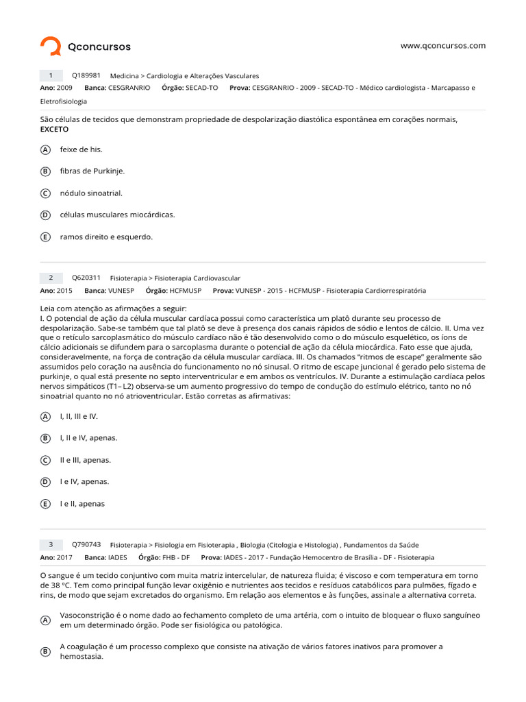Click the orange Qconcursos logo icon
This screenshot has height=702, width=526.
51,47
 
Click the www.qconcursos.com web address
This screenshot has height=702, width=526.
442,46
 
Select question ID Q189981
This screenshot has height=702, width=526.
86,75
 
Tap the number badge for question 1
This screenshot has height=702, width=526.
51,75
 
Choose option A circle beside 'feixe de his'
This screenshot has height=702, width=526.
45,149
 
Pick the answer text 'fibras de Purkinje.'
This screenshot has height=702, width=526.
92,171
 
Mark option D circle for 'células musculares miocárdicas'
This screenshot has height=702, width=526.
45,215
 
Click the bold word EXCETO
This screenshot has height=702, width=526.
55,129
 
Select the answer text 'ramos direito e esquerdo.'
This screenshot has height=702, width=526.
106,237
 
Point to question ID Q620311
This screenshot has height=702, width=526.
86,278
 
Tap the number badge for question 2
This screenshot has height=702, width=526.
51,278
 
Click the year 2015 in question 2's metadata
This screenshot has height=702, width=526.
64,291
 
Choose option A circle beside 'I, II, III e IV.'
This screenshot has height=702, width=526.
45,416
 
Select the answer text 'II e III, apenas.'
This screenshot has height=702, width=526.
86,460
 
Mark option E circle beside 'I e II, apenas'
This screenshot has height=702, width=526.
45,504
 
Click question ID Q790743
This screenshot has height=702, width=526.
86,544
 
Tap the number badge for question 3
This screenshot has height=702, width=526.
51,544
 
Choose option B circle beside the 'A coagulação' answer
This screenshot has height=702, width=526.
45,651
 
